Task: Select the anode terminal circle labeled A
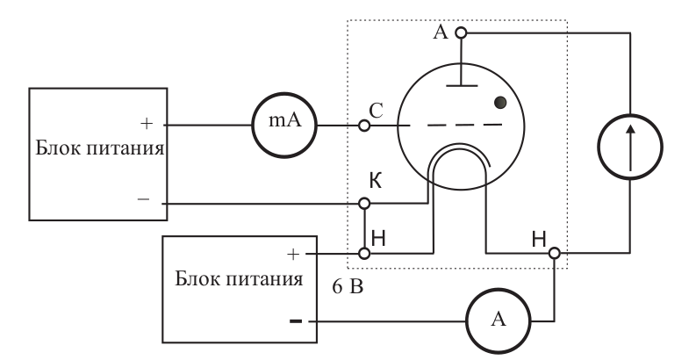click(x=462, y=32)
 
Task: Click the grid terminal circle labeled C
click(x=364, y=126)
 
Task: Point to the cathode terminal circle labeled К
click(x=364, y=204)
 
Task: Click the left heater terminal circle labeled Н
click(x=364, y=254)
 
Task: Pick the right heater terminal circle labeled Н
click(x=555, y=253)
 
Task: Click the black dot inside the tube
click(x=500, y=103)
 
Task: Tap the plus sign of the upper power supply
click(x=147, y=124)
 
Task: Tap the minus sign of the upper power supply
click(x=143, y=199)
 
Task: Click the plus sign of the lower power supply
click(x=293, y=254)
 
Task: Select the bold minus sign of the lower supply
click(x=296, y=321)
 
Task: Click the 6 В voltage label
click(x=348, y=287)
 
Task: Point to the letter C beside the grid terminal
click(x=376, y=111)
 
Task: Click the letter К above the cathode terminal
click(x=376, y=181)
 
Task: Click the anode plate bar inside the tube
click(x=462, y=85)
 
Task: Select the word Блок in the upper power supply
click(x=56, y=148)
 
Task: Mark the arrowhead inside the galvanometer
click(x=630, y=130)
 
